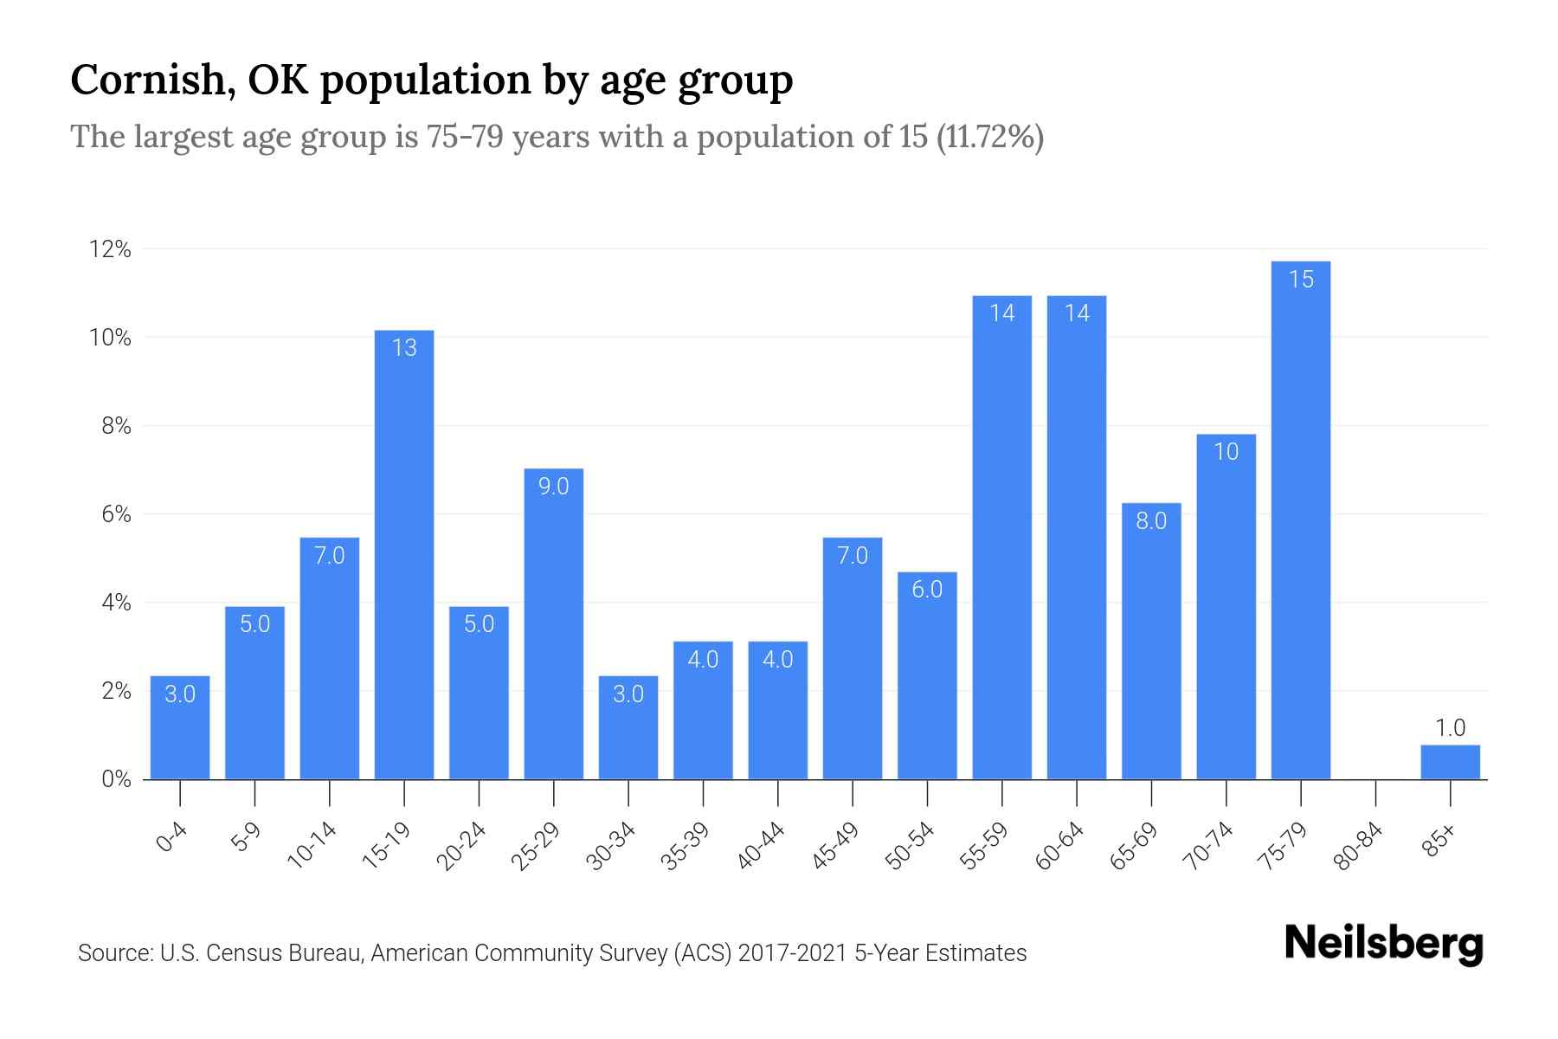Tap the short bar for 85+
pos(1450,763)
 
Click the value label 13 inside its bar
pos(404,348)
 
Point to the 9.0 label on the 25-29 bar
pos(553,487)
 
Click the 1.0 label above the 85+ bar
pos(1450,728)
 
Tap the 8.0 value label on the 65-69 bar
pos(1151,520)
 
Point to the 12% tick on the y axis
pos(110,250)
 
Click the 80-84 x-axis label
pos(1358,847)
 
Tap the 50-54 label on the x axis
pos(910,847)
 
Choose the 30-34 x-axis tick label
pos(611,847)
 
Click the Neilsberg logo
pos(1383,944)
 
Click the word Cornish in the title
pos(147,80)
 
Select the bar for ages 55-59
pos(1001,537)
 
